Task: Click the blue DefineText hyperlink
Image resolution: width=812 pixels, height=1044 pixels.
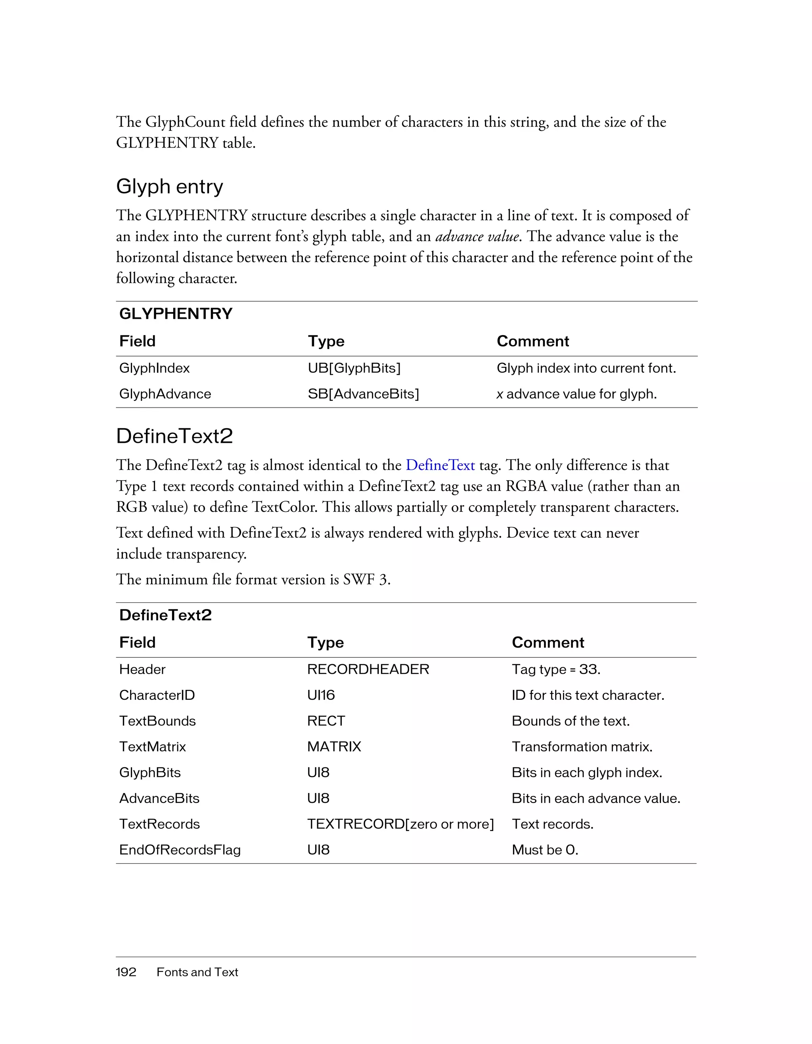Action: [x=440, y=465]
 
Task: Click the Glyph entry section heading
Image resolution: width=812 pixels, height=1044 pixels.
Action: [x=169, y=186]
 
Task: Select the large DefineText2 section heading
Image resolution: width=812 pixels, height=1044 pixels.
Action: [x=174, y=436]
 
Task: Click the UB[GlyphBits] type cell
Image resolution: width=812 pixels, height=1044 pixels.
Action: [x=354, y=368]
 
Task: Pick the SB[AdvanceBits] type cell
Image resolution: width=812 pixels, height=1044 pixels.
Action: [x=363, y=394]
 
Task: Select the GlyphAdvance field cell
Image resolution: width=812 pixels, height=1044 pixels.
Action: [x=165, y=394]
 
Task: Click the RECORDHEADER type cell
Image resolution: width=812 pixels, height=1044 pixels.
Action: [x=368, y=669]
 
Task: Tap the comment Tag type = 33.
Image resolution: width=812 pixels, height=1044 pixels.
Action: [x=555, y=669]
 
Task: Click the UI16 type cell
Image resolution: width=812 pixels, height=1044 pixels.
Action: [x=321, y=695]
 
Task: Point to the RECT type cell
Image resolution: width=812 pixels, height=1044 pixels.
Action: [x=326, y=721]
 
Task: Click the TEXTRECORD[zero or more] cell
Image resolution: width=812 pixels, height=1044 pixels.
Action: [x=400, y=824]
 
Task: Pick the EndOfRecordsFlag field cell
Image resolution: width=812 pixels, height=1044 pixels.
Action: [x=180, y=850]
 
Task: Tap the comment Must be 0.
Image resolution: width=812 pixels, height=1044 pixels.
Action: [x=544, y=850]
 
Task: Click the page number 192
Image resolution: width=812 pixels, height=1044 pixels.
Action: [x=126, y=972]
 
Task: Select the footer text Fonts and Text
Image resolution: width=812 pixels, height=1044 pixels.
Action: [x=197, y=972]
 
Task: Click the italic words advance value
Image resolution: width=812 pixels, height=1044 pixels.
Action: [x=477, y=237]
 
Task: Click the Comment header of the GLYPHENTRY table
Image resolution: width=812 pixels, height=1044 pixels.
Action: [x=532, y=341]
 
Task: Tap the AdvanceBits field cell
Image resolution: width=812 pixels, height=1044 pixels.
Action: [x=159, y=798]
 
